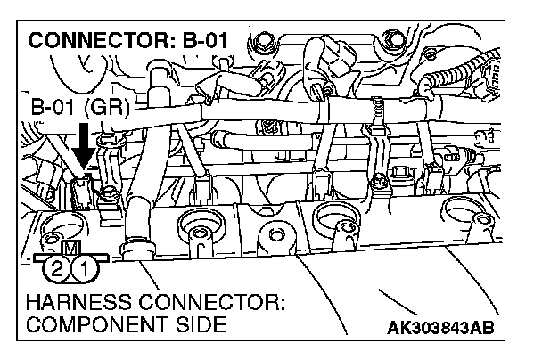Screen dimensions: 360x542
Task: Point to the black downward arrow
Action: (82, 147)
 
